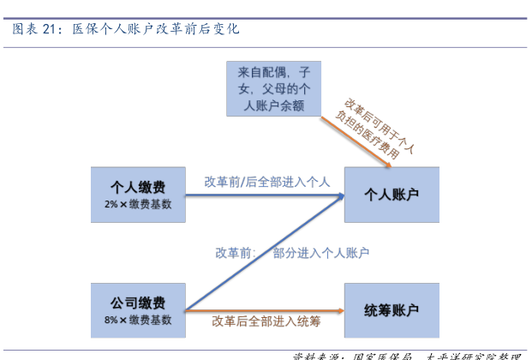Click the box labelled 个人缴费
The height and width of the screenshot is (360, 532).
pos(137,194)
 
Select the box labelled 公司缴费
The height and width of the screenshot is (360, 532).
pos(137,309)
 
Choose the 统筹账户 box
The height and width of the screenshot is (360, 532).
pos(391,309)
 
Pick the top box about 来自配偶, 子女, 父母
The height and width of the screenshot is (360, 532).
pos(273,88)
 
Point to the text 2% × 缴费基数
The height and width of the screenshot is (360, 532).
pos(137,204)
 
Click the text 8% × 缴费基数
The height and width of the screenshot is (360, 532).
pos(137,320)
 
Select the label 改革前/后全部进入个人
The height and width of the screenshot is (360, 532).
pos(267,182)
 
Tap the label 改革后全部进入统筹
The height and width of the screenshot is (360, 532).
pos(266,321)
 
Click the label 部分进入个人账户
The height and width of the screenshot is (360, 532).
pos(321,253)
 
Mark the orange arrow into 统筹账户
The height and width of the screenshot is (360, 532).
pos(266,309)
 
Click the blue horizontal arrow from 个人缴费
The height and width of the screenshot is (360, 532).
pos(266,195)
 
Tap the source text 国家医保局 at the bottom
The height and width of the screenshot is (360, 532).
pos(383,356)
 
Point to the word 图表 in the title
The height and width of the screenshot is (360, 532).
pos(23,29)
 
